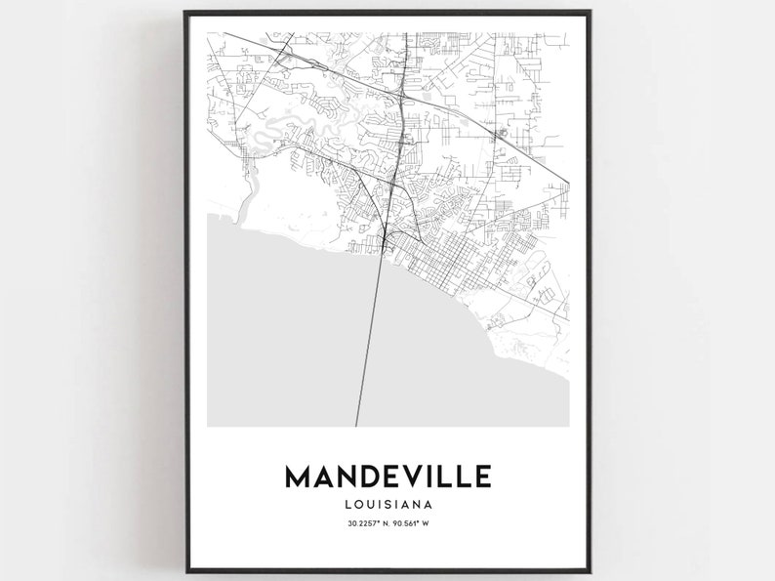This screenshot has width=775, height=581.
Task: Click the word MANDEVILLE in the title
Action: [x=388, y=477]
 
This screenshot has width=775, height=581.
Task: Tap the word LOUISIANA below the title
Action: [x=388, y=505]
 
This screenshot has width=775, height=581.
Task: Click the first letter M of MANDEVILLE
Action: [x=299, y=477]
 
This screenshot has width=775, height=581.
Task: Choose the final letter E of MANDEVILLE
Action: [x=482, y=477]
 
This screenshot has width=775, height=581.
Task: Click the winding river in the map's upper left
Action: [x=293, y=127]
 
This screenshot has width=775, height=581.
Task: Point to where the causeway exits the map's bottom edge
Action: [x=356, y=425]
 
